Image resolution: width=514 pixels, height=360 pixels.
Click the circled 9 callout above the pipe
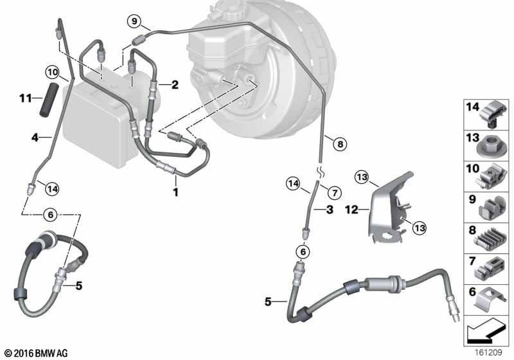pos(134,22)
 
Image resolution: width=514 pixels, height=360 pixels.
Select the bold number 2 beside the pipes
pos(175,85)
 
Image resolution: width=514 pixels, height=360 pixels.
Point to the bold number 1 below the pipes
pos(175,192)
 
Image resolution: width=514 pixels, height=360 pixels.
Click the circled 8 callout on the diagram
pos(340,143)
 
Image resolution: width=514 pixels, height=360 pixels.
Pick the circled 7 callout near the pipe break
pos(334,192)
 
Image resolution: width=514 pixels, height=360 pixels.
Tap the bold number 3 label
pos(330,209)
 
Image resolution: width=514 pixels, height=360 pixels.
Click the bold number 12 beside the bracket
pos(351,209)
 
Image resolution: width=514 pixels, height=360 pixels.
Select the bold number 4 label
pos(35,138)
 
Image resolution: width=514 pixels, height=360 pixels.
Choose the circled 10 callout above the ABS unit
pos(53,72)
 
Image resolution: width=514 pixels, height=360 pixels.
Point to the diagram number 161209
pos(488,352)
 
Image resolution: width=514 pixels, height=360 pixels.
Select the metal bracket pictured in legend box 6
pos(491,300)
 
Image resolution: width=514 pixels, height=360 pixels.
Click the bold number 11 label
pos(26,98)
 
